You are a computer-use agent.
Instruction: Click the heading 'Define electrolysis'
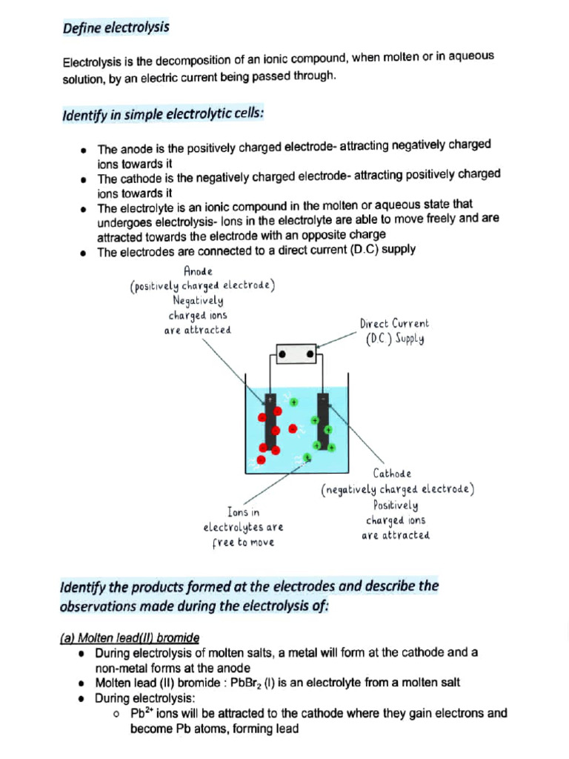coord(116,28)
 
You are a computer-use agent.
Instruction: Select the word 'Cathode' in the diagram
coord(392,473)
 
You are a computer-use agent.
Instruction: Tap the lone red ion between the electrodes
coord(293,428)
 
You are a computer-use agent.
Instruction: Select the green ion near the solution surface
coord(294,402)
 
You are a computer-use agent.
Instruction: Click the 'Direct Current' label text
coord(394,324)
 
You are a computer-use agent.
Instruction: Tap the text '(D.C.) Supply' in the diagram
coord(395,340)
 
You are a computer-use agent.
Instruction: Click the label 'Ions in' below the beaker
coord(243,512)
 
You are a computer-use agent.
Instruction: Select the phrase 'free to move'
coord(243,543)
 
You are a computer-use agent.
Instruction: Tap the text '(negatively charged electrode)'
coord(397,490)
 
